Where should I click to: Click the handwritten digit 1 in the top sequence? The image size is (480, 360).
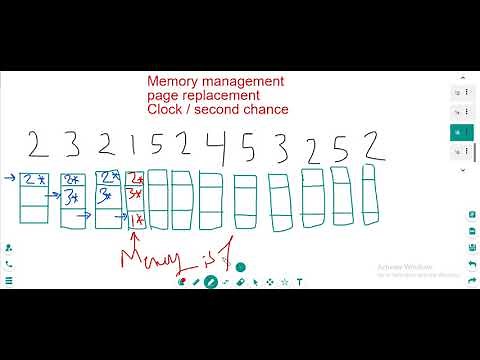point(134,147)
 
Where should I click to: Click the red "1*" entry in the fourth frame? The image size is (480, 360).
point(138,218)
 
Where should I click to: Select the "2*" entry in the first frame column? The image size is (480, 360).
point(33,181)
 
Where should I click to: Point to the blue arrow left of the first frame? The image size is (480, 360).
point(9,179)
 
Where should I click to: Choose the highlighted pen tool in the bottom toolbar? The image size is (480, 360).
point(211,282)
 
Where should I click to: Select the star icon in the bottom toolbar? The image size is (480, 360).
point(285,282)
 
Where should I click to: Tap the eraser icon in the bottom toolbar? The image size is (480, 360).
point(241,282)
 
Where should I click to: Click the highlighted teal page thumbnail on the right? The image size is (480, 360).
point(460,131)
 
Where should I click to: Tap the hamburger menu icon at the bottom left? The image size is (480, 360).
point(9,281)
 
